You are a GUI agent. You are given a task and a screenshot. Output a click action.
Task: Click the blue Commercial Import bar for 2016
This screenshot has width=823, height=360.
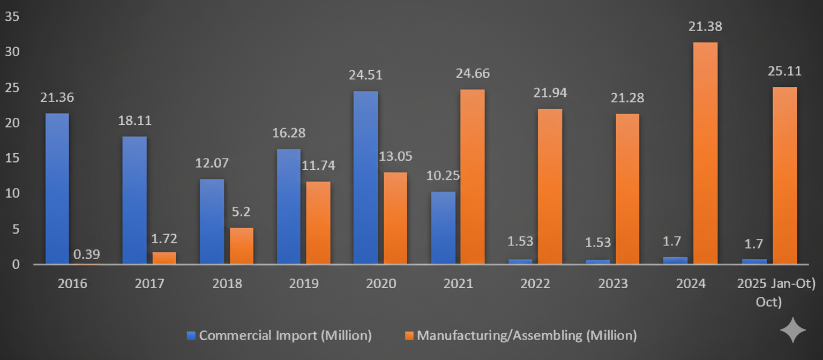click(x=57, y=189)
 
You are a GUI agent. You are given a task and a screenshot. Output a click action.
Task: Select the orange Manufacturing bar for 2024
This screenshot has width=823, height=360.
click(x=705, y=153)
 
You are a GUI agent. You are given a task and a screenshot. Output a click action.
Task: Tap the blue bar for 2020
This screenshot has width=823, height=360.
click(x=365, y=177)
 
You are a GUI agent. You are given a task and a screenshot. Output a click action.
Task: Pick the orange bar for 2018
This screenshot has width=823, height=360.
click(x=242, y=246)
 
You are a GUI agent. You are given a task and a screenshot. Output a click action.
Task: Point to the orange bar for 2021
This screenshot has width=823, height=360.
click(x=473, y=177)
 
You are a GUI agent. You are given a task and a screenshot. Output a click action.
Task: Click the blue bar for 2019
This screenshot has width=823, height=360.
click(x=288, y=206)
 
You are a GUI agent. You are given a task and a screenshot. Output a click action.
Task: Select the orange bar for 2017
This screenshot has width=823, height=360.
click(x=164, y=258)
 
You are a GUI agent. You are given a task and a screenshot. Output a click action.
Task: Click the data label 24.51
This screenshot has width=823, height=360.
click(x=365, y=74)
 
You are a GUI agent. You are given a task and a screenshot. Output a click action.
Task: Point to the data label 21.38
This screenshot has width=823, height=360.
click(x=705, y=26)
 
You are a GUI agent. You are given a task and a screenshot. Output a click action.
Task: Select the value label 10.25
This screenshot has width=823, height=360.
click(x=443, y=175)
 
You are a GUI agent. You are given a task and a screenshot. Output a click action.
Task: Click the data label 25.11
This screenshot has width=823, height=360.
click(x=784, y=70)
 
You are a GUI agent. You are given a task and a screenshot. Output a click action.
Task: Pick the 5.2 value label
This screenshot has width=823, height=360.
click(x=241, y=212)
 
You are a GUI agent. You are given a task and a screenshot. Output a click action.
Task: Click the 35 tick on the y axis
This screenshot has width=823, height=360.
click(x=12, y=17)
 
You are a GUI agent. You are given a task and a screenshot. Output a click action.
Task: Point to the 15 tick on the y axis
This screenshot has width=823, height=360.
click(x=12, y=158)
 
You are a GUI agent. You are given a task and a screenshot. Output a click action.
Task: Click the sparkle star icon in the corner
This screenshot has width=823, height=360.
click(x=793, y=330)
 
